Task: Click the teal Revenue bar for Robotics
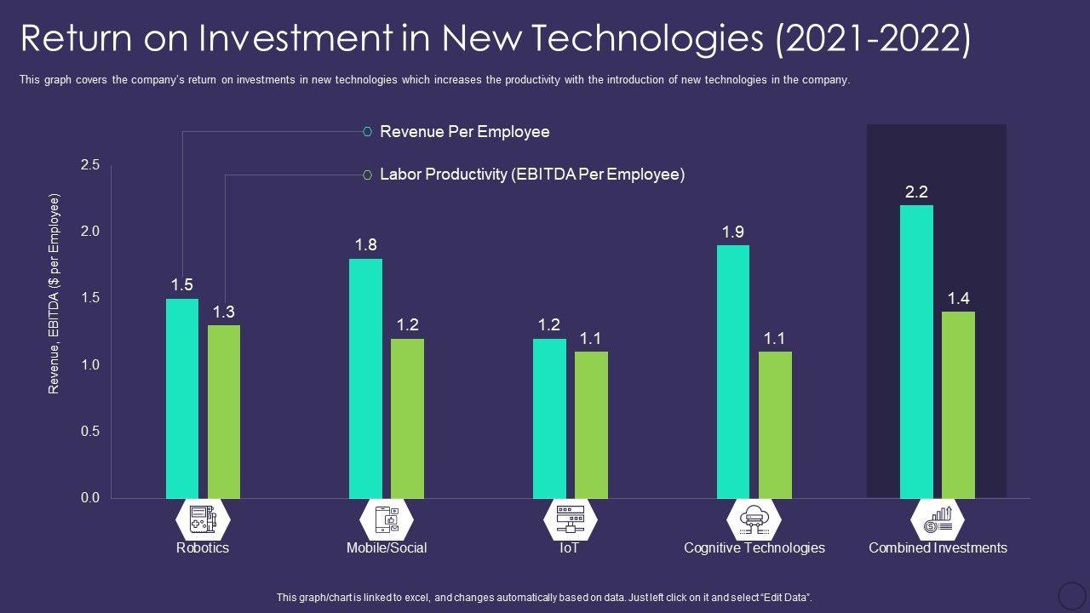point(182,398)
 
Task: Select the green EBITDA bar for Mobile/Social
point(407,418)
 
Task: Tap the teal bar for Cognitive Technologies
point(733,371)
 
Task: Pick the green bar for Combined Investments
point(958,404)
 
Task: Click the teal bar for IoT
point(549,418)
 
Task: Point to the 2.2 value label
point(916,192)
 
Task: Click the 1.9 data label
point(733,232)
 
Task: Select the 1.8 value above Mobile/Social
point(366,245)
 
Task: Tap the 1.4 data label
point(958,298)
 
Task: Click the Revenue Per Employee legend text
point(464,132)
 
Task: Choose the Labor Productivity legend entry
point(531,175)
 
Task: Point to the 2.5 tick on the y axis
point(90,165)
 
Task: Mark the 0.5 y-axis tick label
point(90,432)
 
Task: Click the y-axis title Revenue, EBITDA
point(54,294)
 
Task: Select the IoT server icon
point(570,518)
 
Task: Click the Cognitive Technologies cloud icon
point(754,518)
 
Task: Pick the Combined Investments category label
point(938,548)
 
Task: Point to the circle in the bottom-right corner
point(1071,595)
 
